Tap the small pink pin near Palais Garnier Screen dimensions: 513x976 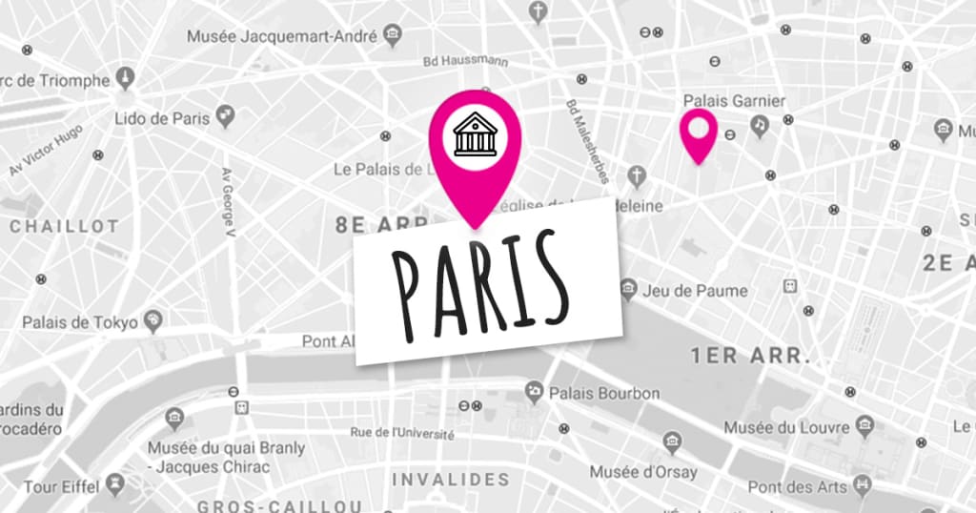(x=699, y=131)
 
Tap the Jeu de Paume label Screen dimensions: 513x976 (x=696, y=290)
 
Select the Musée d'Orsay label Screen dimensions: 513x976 (x=643, y=472)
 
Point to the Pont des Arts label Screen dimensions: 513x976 (x=797, y=487)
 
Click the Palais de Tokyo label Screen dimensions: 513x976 (x=81, y=322)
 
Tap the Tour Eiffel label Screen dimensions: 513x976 (x=60, y=487)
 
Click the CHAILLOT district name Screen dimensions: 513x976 (x=64, y=227)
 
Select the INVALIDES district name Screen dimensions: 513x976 (x=451, y=479)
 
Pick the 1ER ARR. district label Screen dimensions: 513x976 (x=750, y=358)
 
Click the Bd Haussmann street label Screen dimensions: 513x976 (x=465, y=62)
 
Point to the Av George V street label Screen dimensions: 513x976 (x=228, y=201)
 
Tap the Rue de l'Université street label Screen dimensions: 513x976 (x=401, y=432)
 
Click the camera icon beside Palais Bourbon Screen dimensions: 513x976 (x=535, y=391)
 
